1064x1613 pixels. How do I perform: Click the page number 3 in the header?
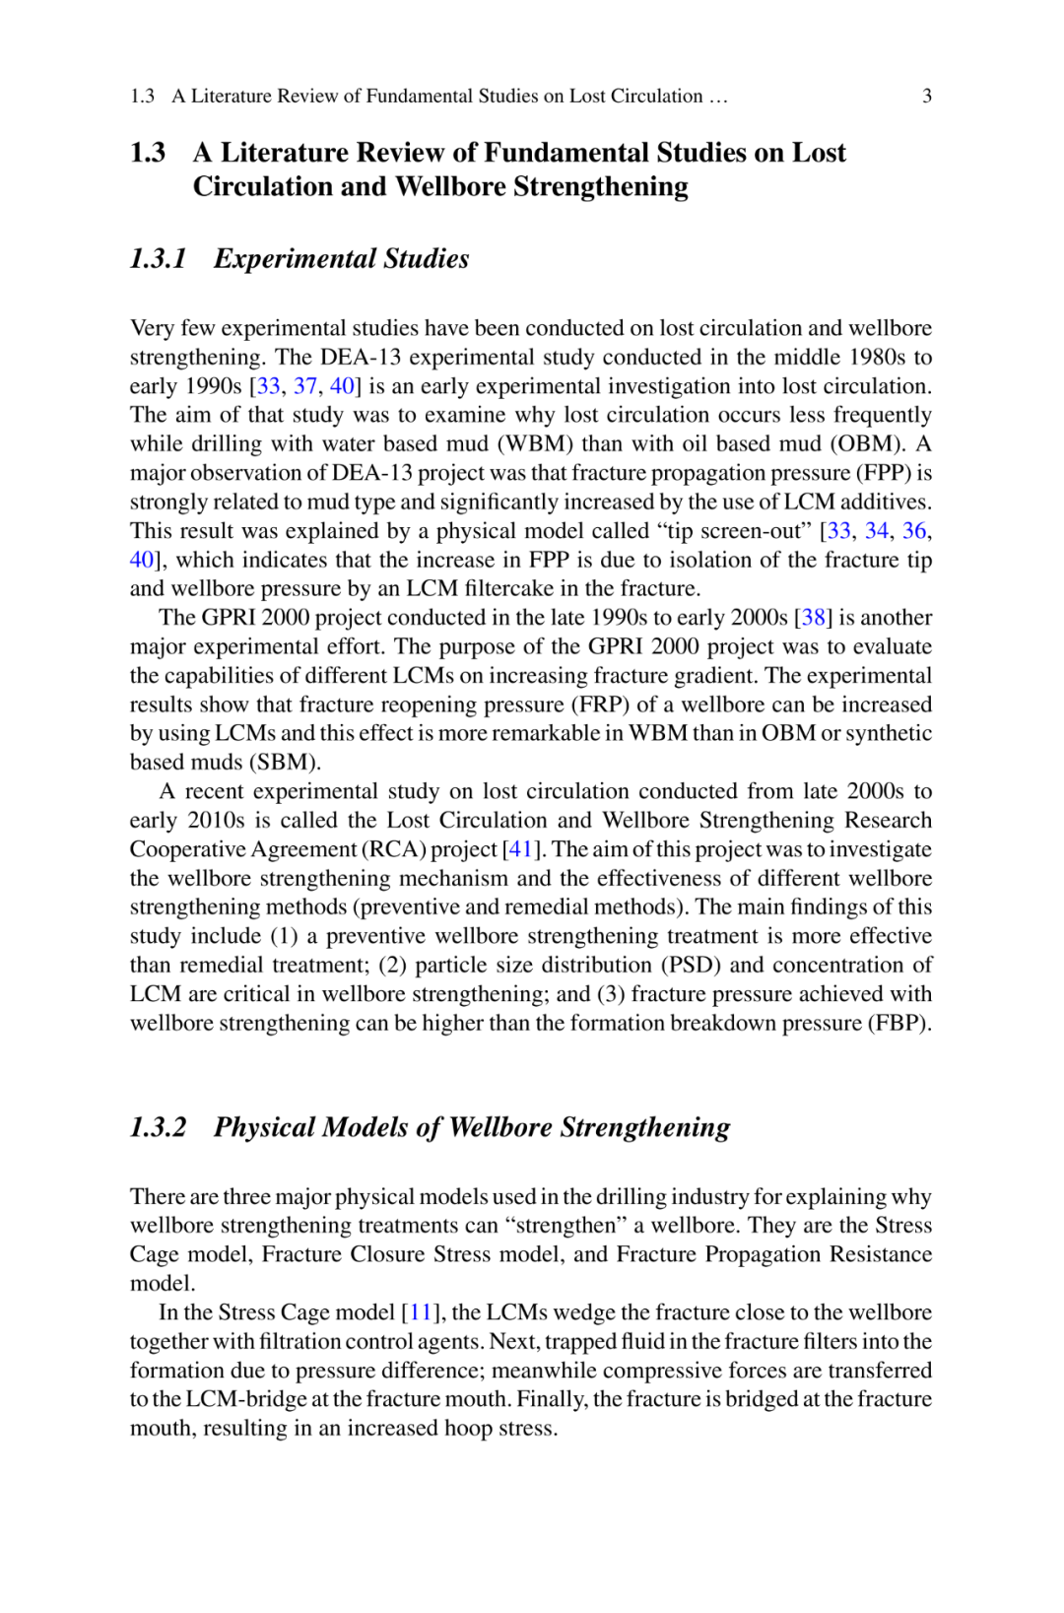click(926, 96)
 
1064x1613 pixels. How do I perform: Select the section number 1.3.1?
click(159, 259)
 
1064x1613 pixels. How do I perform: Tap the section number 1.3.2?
click(159, 1127)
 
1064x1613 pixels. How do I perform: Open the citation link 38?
click(814, 618)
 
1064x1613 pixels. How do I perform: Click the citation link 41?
click(520, 849)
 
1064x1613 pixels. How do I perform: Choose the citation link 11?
click(421, 1312)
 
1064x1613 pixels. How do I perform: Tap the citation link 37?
click(305, 386)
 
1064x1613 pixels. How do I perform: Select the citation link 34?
click(876, 531)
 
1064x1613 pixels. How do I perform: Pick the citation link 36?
click(914, 531)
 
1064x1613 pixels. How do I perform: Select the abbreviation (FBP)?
click(898, 1023)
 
